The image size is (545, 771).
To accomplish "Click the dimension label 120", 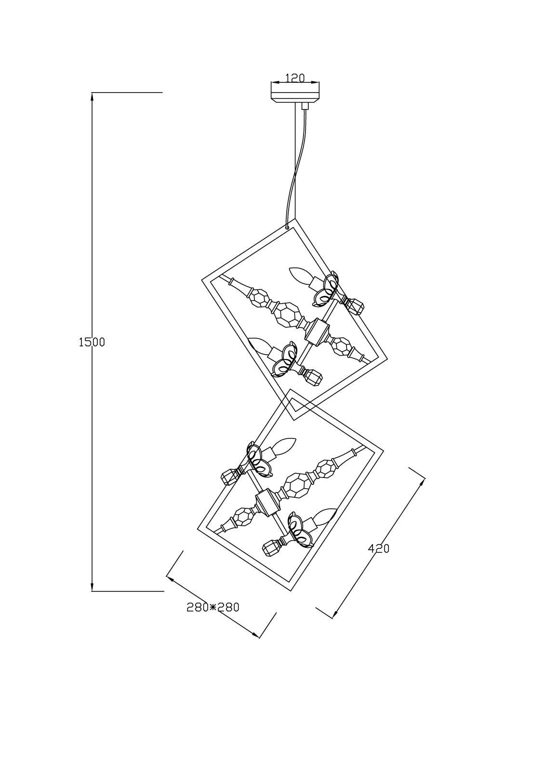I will (x=295, y=77).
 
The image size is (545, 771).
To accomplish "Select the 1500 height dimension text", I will (x=91, y=342).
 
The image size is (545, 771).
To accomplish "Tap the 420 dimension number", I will (x=378, y=548).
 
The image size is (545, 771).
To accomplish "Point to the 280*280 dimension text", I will (x=213, y=607).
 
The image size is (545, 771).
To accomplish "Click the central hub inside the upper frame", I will (x=317, y=332).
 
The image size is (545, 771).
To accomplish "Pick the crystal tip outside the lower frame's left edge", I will (x=230, y=476).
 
